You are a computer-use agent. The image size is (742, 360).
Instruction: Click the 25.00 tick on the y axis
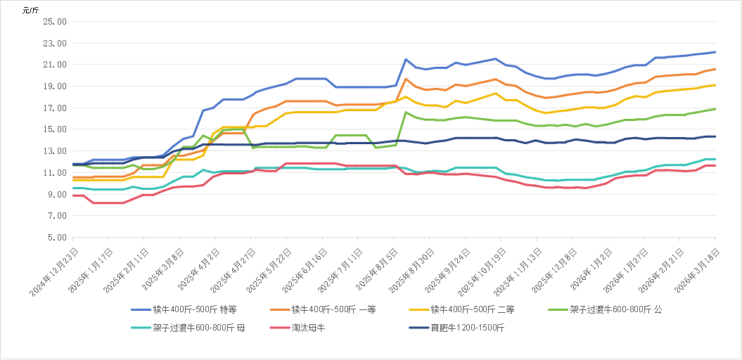(56, 22)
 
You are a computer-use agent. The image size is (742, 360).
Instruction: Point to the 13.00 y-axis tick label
(56, 151)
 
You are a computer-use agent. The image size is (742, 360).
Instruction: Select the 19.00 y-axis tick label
(56, 86)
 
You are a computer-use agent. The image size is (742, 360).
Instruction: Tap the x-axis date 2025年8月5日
(373, 266)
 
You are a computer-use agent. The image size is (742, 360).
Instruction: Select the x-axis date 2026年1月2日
(587, 266)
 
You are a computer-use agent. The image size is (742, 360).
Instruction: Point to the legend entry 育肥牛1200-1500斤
(458, 328)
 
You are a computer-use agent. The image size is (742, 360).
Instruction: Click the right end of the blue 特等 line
(715, 52)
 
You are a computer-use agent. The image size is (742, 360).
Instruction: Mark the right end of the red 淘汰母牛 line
(715, 165)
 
